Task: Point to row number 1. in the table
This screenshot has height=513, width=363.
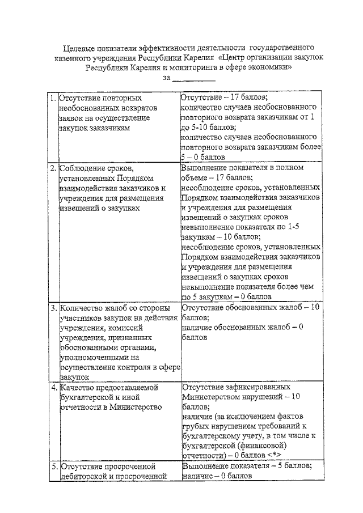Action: point(52,97)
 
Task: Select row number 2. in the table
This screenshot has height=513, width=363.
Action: point(52,168)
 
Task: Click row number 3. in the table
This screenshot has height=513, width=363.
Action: point(52,308)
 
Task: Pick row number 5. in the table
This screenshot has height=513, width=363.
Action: point(52,466)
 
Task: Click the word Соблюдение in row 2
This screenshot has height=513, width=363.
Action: point(82,168)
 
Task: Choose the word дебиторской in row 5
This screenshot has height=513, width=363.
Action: point(84,476)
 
